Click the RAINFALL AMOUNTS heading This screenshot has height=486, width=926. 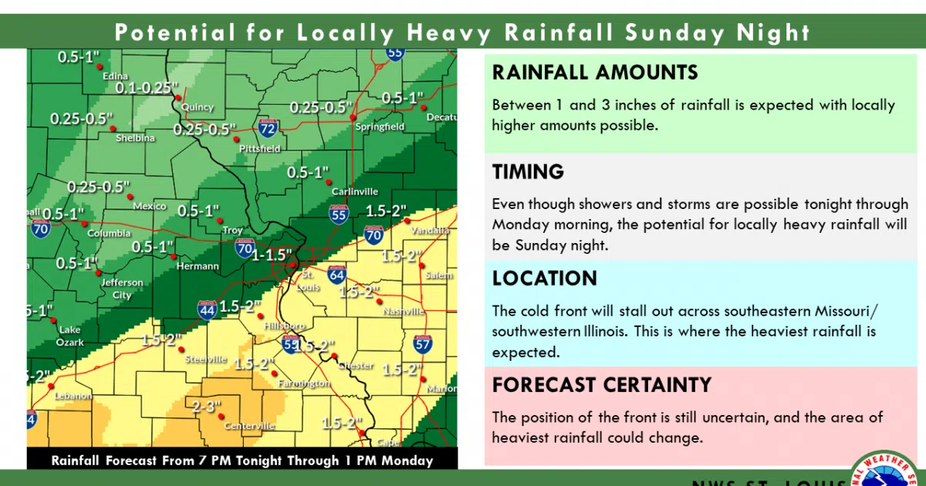click(x=595, y=73)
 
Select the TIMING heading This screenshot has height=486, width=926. click(x=529, y=171)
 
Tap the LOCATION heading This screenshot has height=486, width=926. click(x=545, y=278)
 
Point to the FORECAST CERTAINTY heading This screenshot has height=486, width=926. click(x=601, y=384)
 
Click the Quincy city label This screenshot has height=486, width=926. click(x=197, y=108)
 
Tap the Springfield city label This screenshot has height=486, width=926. click(x=380, y=127)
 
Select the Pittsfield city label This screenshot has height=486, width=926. click(x=260, y=148)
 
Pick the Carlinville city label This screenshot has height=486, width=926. click(x=355, y=191)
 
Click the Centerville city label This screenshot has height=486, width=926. click(x=249, y=426)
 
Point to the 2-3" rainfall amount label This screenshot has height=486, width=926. click(x=206, y=407)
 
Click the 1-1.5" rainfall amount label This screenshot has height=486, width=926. click(x=273, y=255)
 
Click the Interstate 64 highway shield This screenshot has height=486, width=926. click(x=337, y=275)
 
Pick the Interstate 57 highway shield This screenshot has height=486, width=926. click(x=422, y=343)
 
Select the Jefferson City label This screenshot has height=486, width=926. click(x=123, y=289)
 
